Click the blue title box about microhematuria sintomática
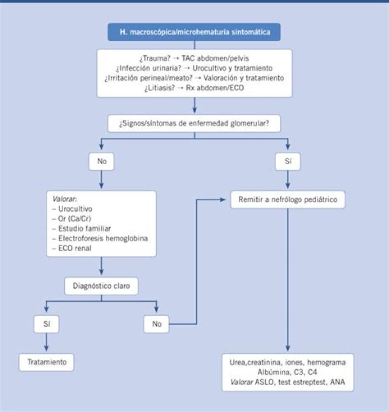coord(194,32)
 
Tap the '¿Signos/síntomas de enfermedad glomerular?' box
coord(194,123)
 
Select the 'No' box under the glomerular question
coord(102,161)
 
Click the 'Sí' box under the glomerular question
coord(288,161)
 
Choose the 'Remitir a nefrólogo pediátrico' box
coord(288,200)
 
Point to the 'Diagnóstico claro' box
coord(101,286)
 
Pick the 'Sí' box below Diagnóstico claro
coord(46,324)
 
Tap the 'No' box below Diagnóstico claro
coord(156,324)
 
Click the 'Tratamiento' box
coord(46,362)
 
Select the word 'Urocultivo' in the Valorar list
coord(75,209)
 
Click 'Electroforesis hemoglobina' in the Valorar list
coord(103,238)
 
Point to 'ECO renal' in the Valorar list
coord(75,248)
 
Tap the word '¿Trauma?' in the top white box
coord(155,58)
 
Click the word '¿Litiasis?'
coord(159,88)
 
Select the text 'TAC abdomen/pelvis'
coord(215,58)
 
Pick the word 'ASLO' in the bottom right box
coord(264,382)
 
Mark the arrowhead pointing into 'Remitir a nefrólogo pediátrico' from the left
coord(223,200)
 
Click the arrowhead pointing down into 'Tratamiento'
coord(46,348)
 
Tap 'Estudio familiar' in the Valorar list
coord(85,228)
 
